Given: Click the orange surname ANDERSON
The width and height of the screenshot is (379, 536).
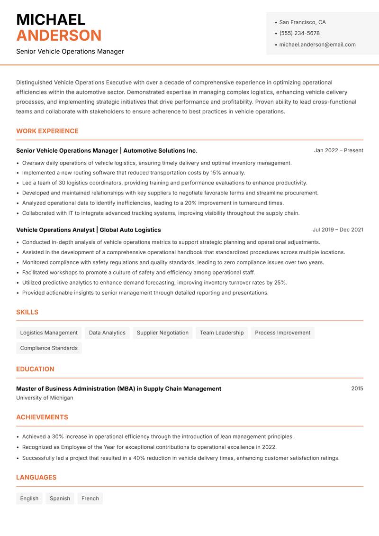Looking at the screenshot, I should [59, 36].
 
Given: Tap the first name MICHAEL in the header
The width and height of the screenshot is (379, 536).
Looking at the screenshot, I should [51, 20].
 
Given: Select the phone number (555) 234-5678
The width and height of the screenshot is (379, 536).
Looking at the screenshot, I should [299, 33].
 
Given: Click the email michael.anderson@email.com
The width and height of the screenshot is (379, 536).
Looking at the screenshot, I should [317, 45].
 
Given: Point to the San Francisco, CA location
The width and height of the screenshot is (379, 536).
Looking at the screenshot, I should [302, 22].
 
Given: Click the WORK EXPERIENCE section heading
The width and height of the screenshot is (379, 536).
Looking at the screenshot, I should [47, 131].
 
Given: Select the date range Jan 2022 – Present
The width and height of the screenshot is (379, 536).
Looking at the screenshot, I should [338, 150].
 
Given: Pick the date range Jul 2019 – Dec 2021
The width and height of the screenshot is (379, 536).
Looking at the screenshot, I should [338, 230].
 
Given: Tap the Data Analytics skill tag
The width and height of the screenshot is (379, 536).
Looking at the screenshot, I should [107, 333].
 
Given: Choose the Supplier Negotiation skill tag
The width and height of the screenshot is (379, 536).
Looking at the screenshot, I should [162, 333].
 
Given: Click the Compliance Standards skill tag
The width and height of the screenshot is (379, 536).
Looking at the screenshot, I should [49, 348].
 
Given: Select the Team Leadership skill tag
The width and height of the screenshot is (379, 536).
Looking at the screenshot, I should [222, 333].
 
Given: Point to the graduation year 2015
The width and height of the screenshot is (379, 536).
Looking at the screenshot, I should [357, 388].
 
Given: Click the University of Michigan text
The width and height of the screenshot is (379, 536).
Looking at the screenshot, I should [45, 398].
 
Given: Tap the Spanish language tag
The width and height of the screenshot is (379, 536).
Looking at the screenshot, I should [60, 499].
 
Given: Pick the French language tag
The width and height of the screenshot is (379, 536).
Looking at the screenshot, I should [90, 499].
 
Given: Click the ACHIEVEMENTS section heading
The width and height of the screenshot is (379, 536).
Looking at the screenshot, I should [42, 417].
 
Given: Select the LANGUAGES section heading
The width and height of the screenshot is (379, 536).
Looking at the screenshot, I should [36, 478].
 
